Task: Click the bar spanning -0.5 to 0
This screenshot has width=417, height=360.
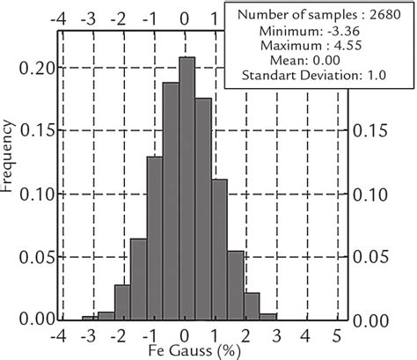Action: pos(171,202)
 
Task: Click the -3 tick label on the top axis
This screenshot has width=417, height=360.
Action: pos(90,17)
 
